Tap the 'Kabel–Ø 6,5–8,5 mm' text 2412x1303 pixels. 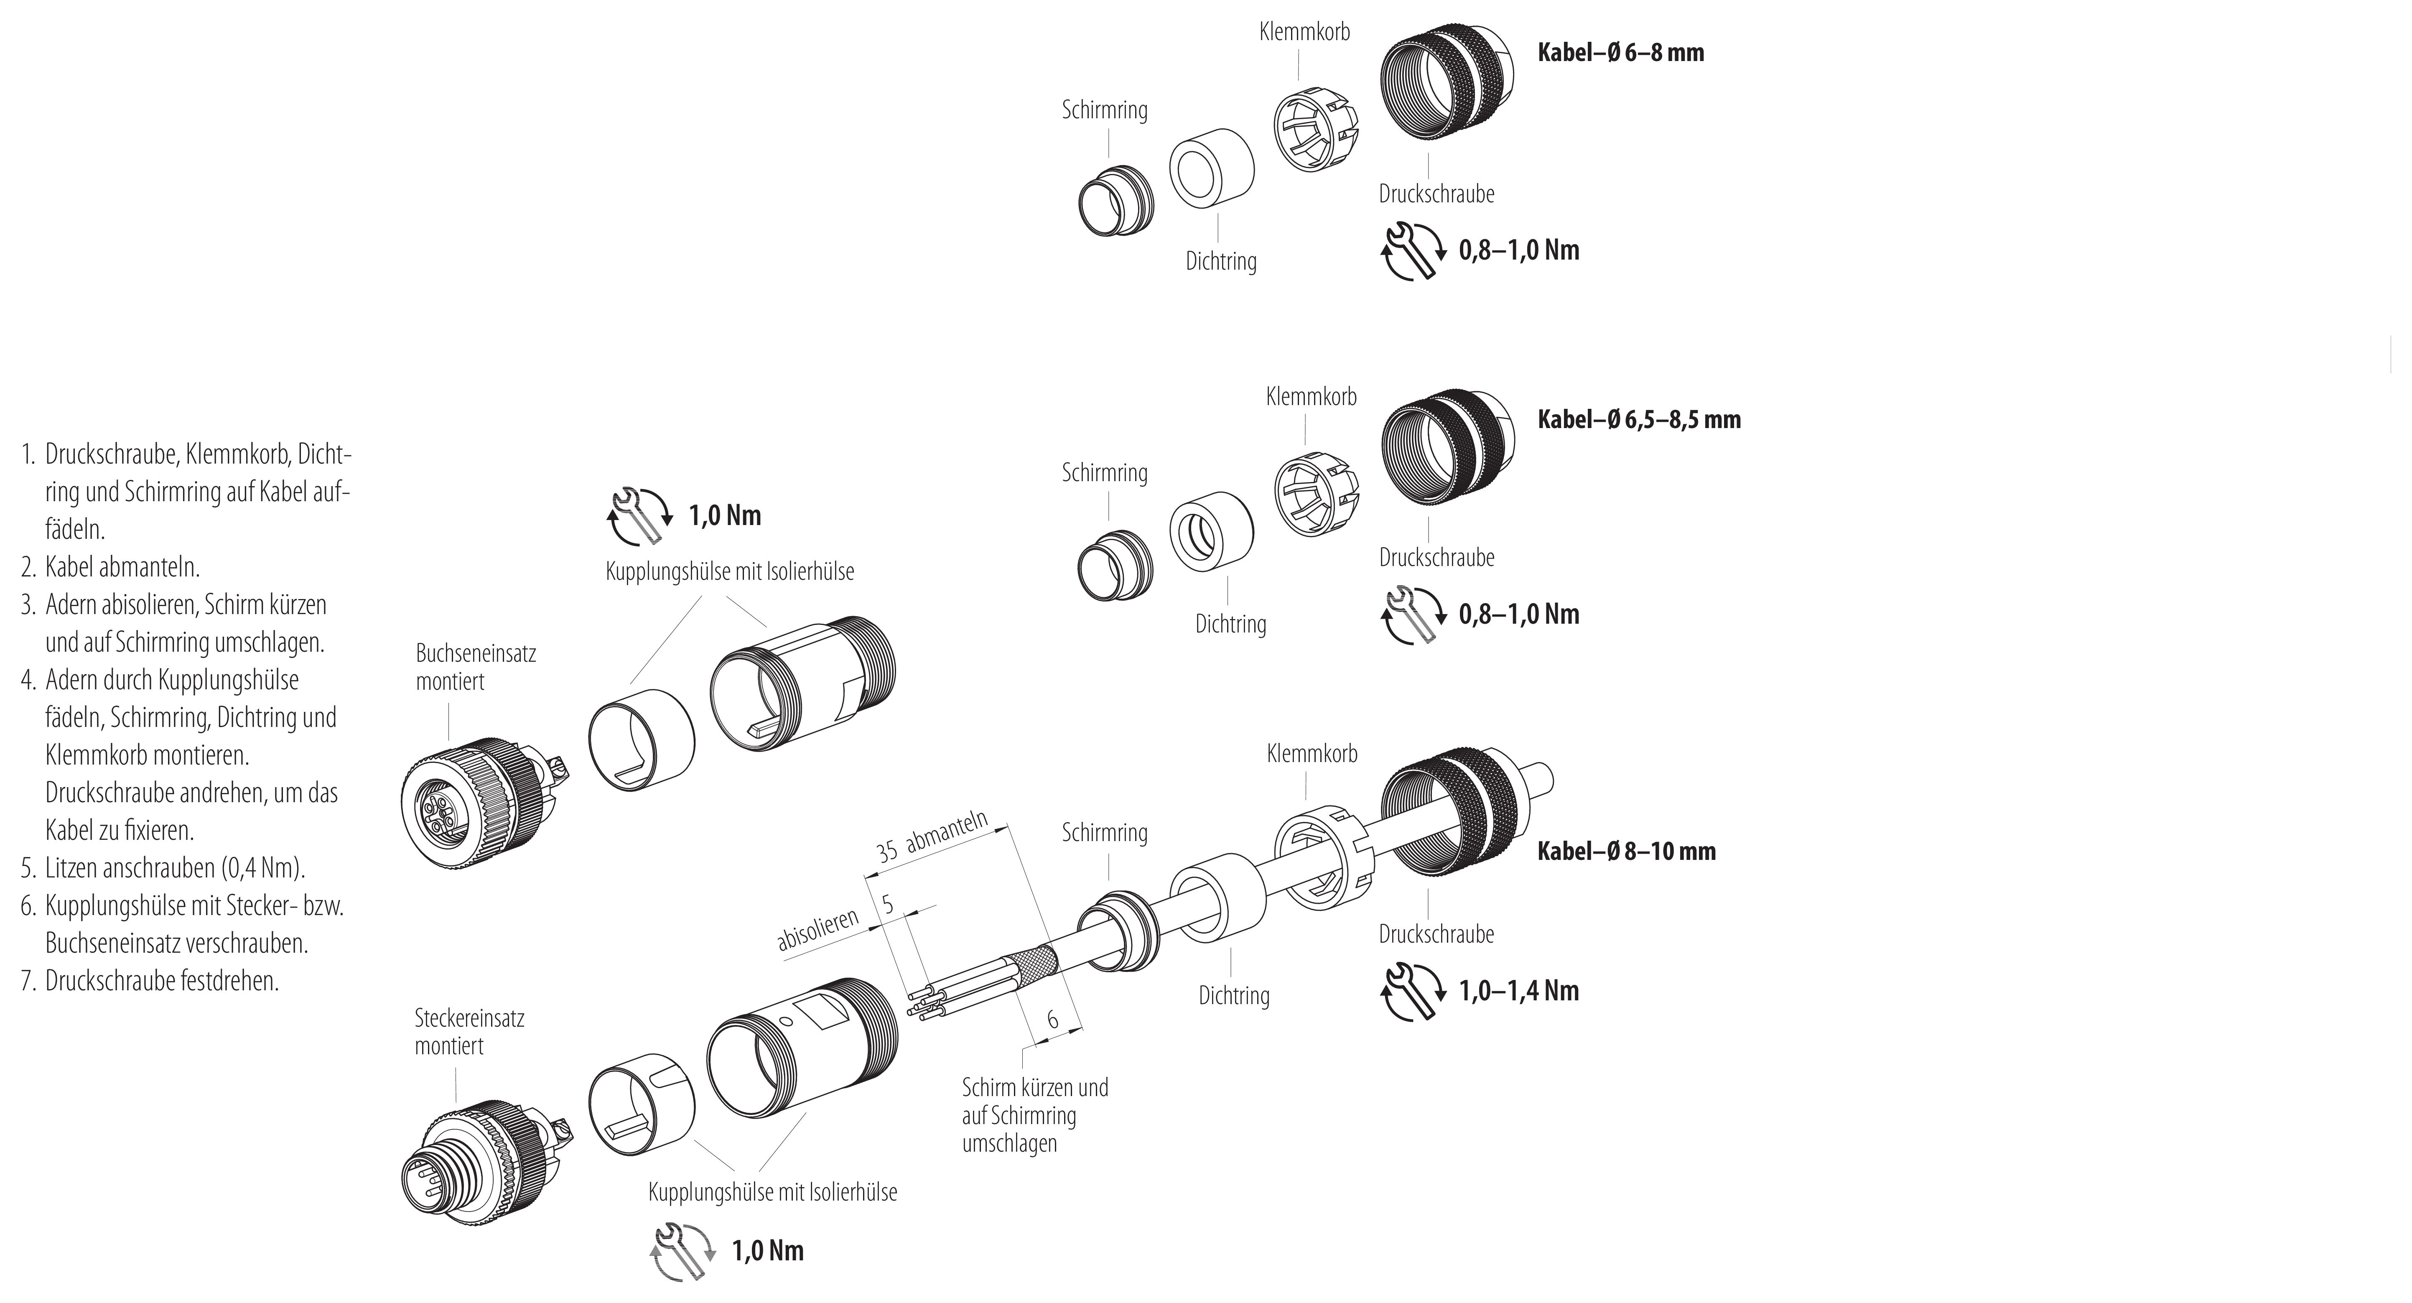coord(1639,420)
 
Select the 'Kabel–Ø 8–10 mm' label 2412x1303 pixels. coord(1626,852)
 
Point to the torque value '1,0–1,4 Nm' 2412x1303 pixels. coord(1519,991)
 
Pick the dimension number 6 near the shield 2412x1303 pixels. coord(1052,1019)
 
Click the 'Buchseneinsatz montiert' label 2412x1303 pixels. coord(476,667)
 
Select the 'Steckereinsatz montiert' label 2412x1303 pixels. coord(469,1031)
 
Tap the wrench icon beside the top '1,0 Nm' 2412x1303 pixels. coord(639,516)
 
